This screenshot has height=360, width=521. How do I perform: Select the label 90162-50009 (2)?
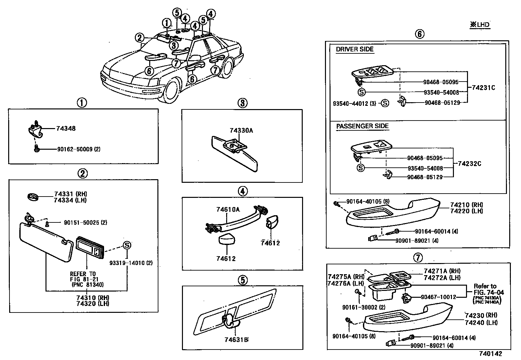pos(79,149)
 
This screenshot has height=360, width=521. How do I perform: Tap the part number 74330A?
pos(241,130)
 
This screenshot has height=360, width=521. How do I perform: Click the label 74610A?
pos(228,209)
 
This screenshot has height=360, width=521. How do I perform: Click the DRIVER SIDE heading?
pos(354,50)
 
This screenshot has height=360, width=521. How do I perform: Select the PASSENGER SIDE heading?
pos(362,126)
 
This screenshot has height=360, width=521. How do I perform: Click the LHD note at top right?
pos(480,25)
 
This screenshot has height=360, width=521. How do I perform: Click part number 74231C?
pos(483,87)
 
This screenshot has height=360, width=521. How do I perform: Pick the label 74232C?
pos(469,163)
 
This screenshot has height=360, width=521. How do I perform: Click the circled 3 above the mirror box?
pos(242,103)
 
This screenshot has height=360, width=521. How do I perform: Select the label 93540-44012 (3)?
pos(354,104)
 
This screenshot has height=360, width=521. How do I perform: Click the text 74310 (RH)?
pos(93,298)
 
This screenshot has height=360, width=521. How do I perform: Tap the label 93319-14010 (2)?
pos(131,263)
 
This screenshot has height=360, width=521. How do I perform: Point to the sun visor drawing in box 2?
pos(47,241)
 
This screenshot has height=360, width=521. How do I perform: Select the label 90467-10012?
pos(438,297)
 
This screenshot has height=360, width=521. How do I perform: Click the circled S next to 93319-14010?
pos(127,245)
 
